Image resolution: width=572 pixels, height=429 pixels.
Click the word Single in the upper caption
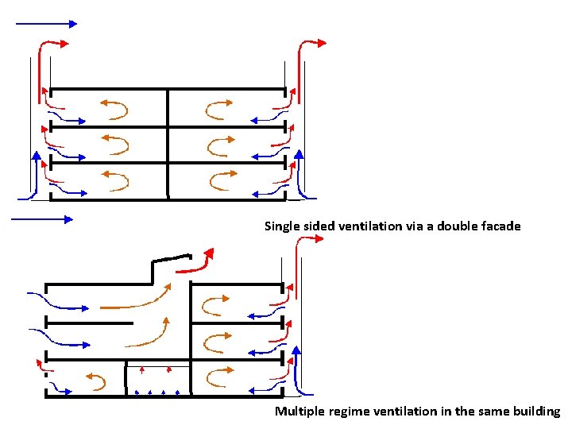[280, 226]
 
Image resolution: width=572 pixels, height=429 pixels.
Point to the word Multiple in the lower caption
[298, 412]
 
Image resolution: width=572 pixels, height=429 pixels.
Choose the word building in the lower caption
[535, 412]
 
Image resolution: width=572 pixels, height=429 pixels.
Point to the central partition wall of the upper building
[168, 143]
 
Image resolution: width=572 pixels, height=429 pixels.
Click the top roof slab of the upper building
[168, 89]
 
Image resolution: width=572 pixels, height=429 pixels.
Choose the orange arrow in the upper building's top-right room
[219, 107]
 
